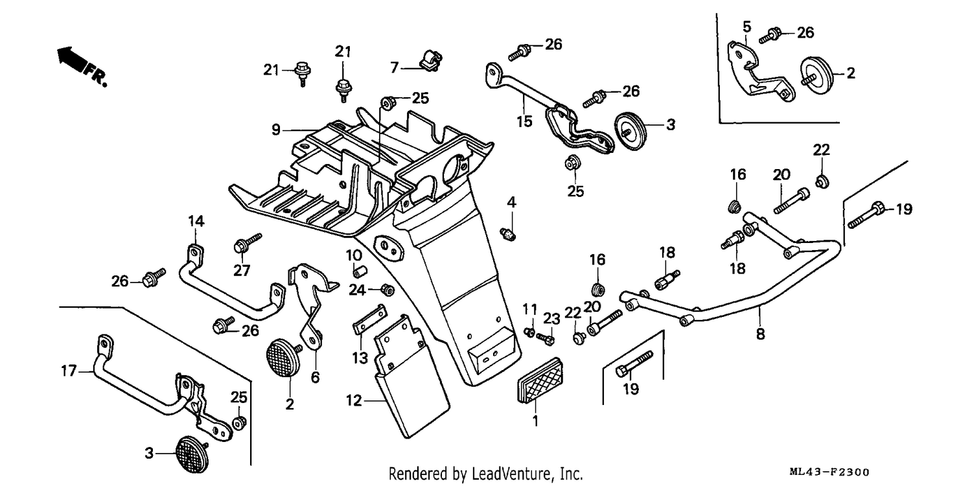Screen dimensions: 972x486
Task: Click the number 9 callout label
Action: [276, 130]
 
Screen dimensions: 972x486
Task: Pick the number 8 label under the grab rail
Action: [760, 334]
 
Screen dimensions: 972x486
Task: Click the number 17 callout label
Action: [69, 371]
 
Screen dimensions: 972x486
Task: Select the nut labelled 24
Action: [388, 290]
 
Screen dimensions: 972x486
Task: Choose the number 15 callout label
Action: [525, 122]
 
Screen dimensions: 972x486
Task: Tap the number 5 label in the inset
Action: [746, 27]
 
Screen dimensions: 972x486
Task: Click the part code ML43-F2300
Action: [829, 472]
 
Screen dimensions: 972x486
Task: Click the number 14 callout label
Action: [196, 222]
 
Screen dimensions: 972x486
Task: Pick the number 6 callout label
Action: [316, 378]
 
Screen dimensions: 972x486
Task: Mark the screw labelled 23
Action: [546, 338]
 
